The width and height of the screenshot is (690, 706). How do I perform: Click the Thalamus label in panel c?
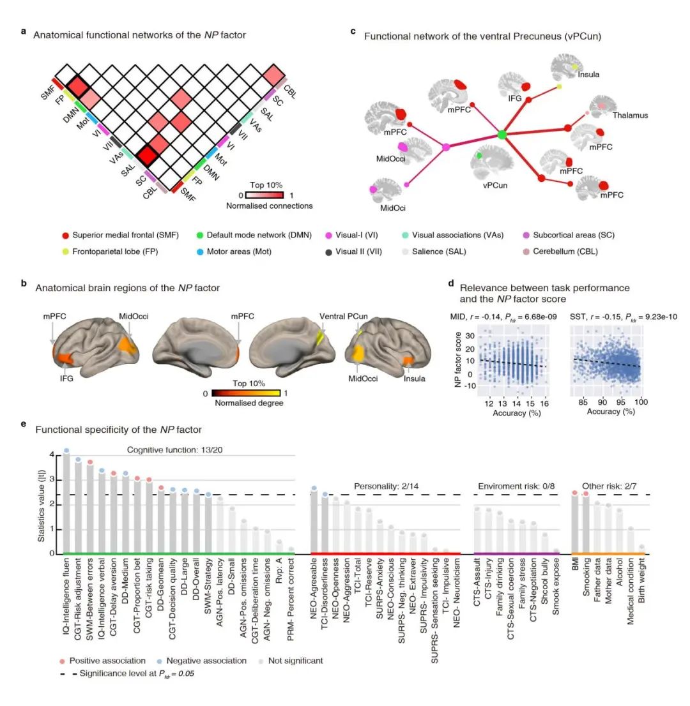pyautogui.click(x=630, y=116)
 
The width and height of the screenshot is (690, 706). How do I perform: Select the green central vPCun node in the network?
pyautogui.click(x=502, y=135)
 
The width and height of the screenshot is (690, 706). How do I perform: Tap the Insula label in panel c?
pyautogui.click(x=588, y=74)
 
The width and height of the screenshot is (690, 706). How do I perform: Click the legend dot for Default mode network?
pyautogui.click(x=201, y=235)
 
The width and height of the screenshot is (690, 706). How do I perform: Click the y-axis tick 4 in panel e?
pyautogui.click(x=53, y=455)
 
